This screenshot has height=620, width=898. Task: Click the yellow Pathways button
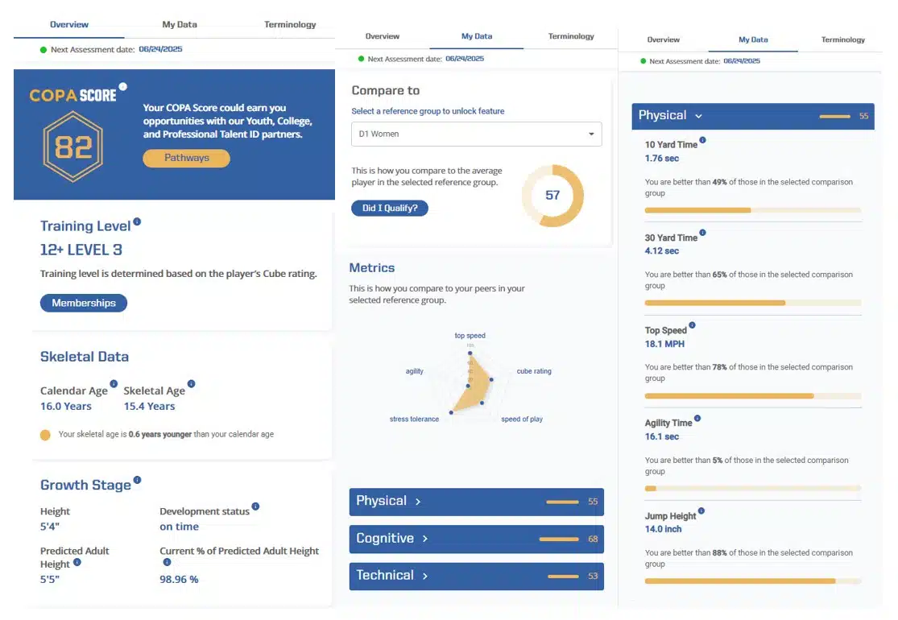[186, 158]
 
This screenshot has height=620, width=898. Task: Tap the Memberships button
[84, 303]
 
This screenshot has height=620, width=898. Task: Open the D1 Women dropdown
[476, 134]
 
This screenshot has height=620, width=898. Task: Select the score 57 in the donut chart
[552, 195]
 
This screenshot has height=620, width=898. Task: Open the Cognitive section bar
[476, 539]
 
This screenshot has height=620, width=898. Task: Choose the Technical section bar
[476, 576]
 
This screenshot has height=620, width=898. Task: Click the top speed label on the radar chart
[470, 336]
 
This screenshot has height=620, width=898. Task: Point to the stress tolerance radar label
[414, 420]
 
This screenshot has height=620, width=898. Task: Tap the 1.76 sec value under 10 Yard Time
[662, 159]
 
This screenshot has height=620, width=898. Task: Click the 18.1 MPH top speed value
[665, 344]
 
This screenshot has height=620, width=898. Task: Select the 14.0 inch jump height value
[664, 529]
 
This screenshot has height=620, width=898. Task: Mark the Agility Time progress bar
[752, 488]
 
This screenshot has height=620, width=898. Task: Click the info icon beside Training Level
[137, 221]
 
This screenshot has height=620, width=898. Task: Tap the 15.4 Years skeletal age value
[149, 407]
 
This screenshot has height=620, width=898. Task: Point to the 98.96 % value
[179, 579]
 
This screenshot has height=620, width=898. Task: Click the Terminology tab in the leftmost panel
[290, 25]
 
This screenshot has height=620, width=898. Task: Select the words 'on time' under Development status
[179, 527]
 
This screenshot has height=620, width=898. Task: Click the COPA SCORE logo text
[72, 95]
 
